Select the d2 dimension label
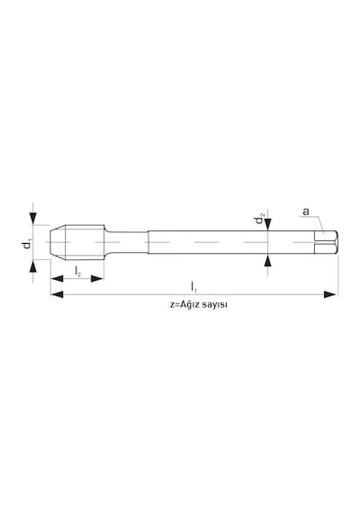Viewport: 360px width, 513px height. coord(260,219)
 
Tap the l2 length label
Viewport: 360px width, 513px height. coord(77,272)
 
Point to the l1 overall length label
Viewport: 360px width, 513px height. coord(193,286)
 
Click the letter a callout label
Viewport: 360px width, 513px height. coord(306,211)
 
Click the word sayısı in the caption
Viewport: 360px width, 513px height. coord(215,305)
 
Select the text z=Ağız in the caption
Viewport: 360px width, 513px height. coord(184,304)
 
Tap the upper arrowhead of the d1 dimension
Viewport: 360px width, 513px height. coord(32,218)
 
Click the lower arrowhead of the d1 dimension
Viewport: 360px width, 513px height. coord(32,266)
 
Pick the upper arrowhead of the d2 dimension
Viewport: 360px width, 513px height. coord(268,224)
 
